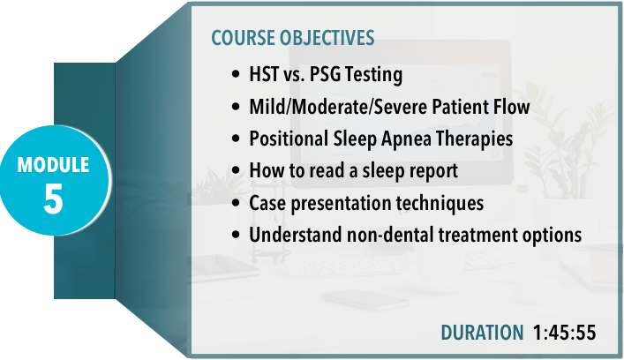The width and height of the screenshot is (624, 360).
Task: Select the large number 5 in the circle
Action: tap(53, 199)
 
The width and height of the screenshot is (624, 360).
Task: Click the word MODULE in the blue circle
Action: tap(53, 165)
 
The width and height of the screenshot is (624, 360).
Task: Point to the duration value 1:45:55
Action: tap(564, 333)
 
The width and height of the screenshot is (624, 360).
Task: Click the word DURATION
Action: tap(482, 333)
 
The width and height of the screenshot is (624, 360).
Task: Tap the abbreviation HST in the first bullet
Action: tap(263, 74)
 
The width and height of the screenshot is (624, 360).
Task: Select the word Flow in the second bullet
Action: tap(511, 107)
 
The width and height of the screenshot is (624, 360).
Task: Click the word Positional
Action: tap(289, 139)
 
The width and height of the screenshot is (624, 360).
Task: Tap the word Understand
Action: tap(296, 235)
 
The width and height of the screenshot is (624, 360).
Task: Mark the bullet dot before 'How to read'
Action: tap(236, 170)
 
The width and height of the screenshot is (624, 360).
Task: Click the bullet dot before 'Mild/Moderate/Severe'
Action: tap(236, 107)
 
